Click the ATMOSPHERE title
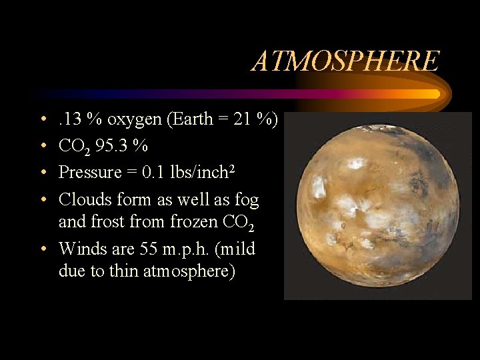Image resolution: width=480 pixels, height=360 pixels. point(345,61)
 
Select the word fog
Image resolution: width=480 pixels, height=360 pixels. point(246,199)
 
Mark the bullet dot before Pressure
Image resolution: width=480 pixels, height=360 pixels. point(43,173)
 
